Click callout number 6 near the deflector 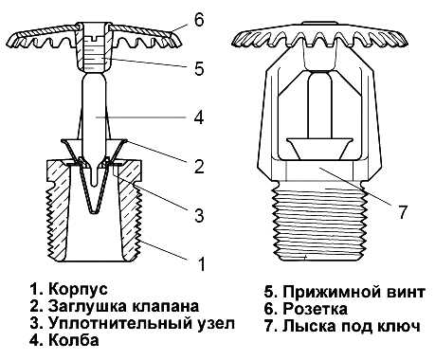tap(199, 21)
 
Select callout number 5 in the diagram tap(199, 68)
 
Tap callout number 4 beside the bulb tap(199, 117)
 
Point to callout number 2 tap(199, 166)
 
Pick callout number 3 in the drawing tap(199, 215)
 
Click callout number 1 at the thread tap(201, 264)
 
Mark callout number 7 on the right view tap(402, 212)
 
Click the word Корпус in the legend tap(78, 289)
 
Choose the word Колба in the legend tap(74, 340)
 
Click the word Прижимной tap(330, 292)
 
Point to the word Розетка tap(315, 309)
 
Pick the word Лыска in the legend tap(308, 326)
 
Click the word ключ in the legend tap(399, 326)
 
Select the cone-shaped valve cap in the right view tap(319, 148)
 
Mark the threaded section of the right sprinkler tap(319, 222)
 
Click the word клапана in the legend tap(165, 306)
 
